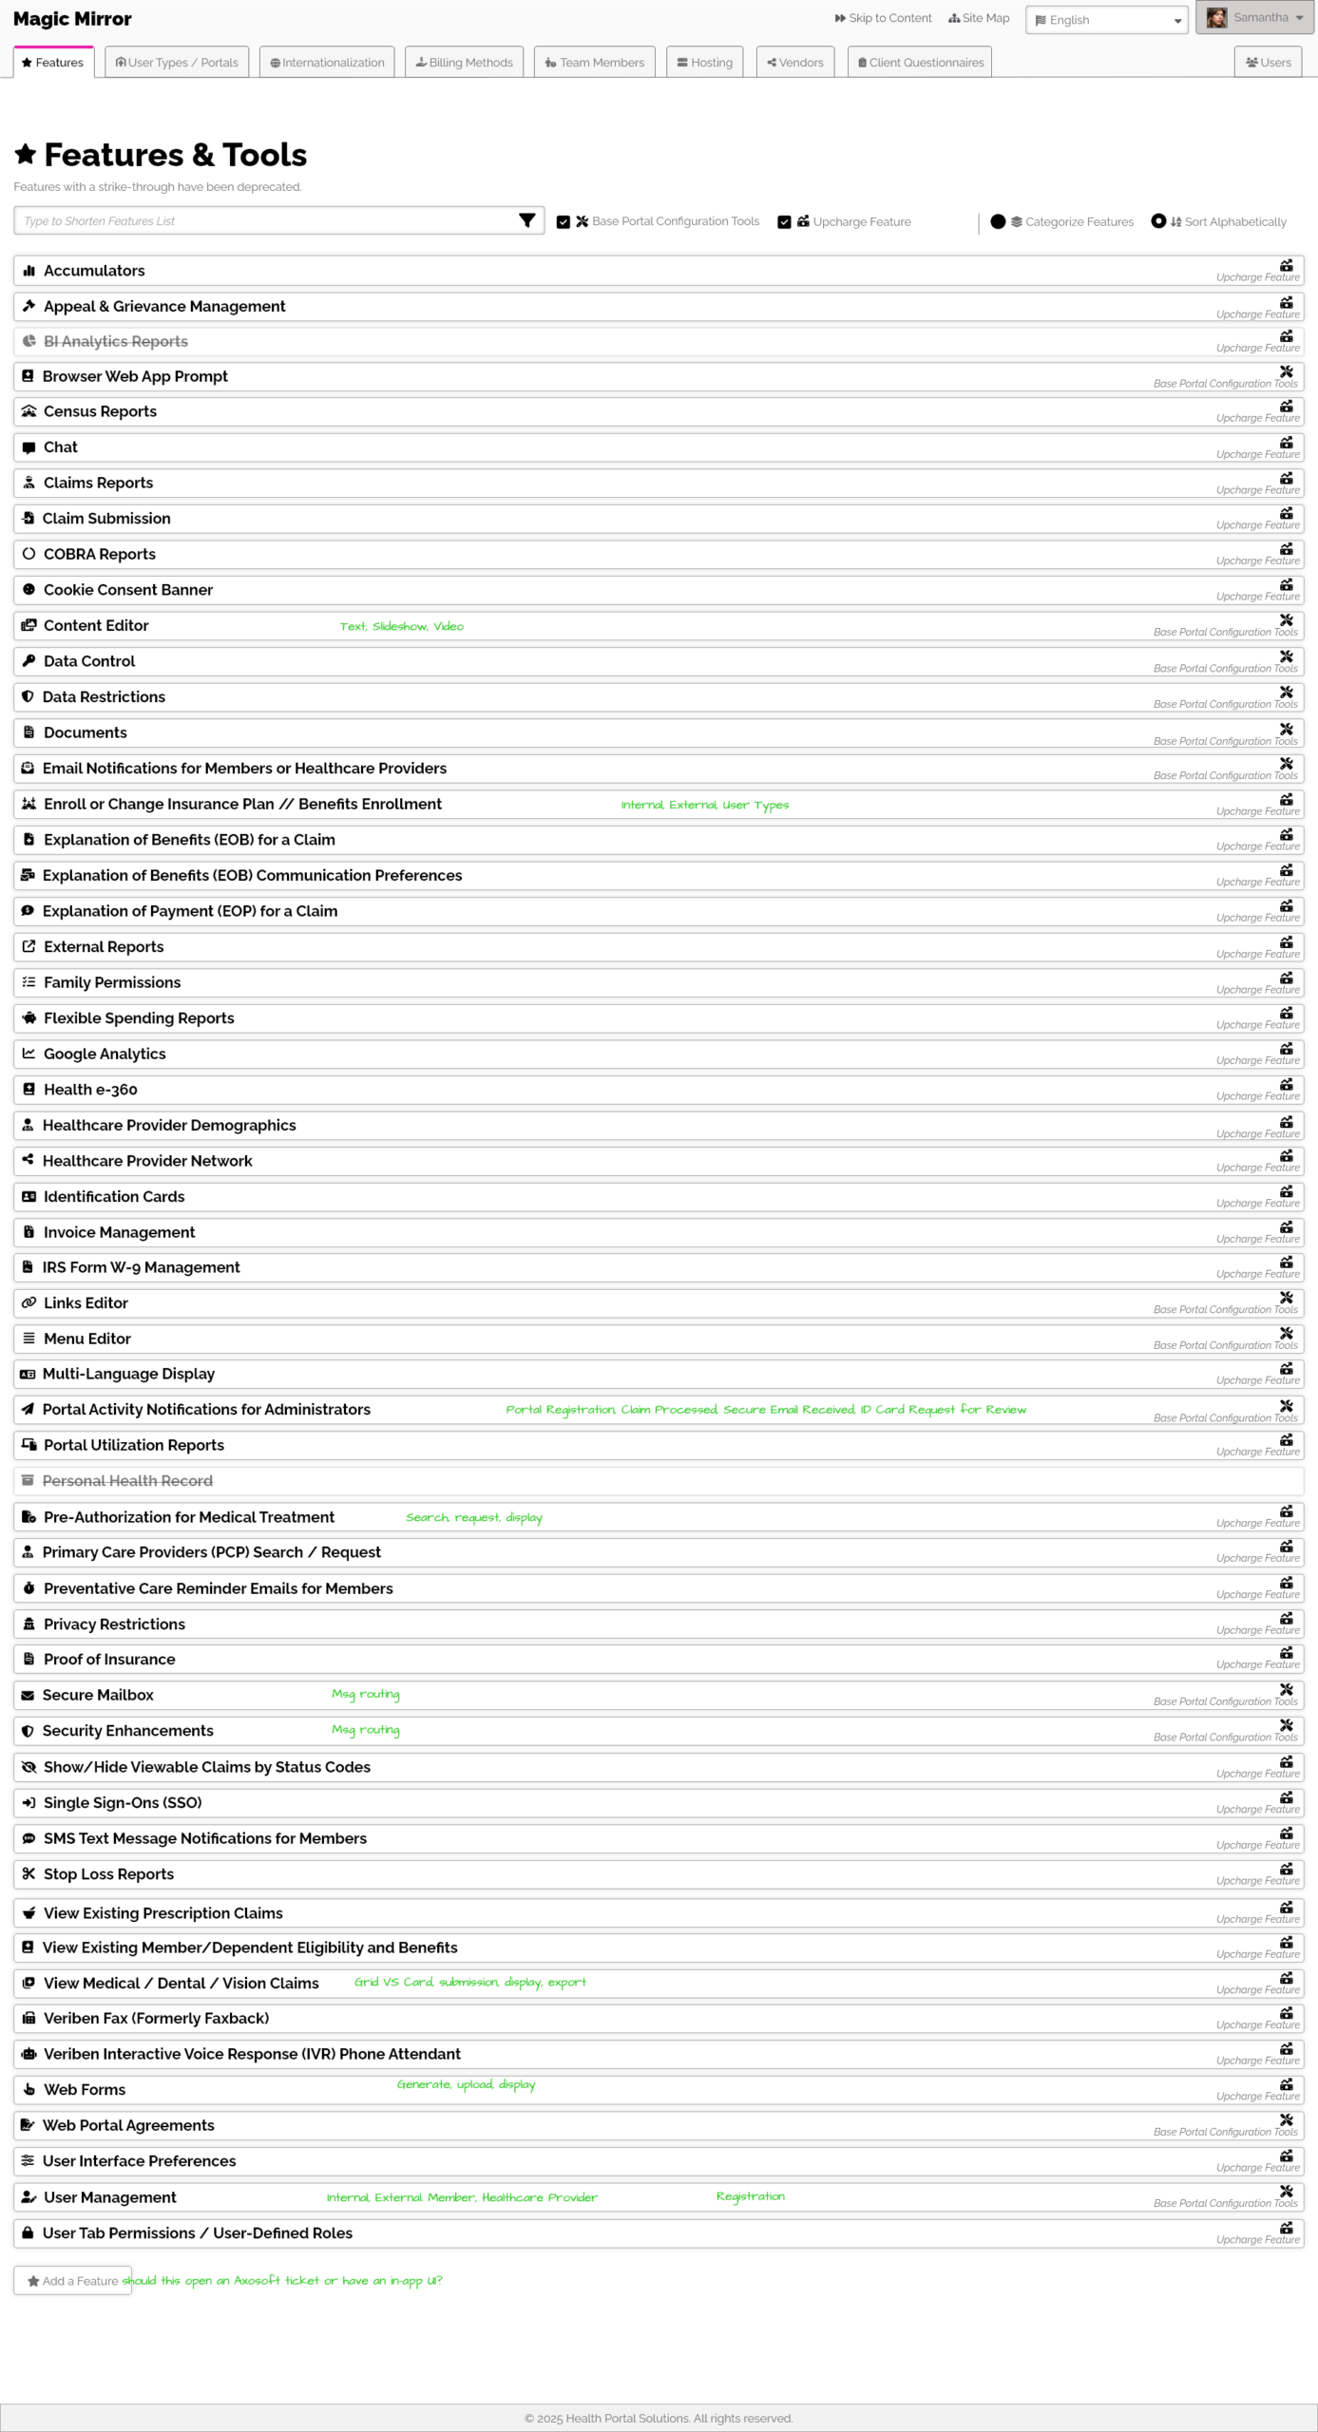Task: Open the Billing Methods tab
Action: click(464, 63)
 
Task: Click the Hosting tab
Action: click(704, 63)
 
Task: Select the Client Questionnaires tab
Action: click(919, 63)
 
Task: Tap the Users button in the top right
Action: click(1268, 63)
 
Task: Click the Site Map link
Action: click(979, 18)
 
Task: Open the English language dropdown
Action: click(1106, 20)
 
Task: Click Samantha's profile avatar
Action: click(1216, 18)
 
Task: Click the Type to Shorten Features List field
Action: click(266, 221)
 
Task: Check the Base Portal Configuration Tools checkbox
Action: click(563, 222)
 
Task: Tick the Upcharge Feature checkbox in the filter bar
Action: click(784, 222)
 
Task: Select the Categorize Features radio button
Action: click(998, 221)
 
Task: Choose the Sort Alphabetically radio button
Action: click(1158, 221)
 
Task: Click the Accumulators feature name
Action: click(94, 271)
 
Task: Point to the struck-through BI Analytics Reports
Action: click(115, 342)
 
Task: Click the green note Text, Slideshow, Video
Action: click(401, 627)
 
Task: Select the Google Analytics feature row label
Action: click(105, 1054)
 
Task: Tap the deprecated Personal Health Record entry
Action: click(127, 1481)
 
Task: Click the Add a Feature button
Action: click(72, 2281)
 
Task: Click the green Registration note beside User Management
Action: click(750, 2196)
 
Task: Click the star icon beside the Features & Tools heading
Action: click(26, 154)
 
